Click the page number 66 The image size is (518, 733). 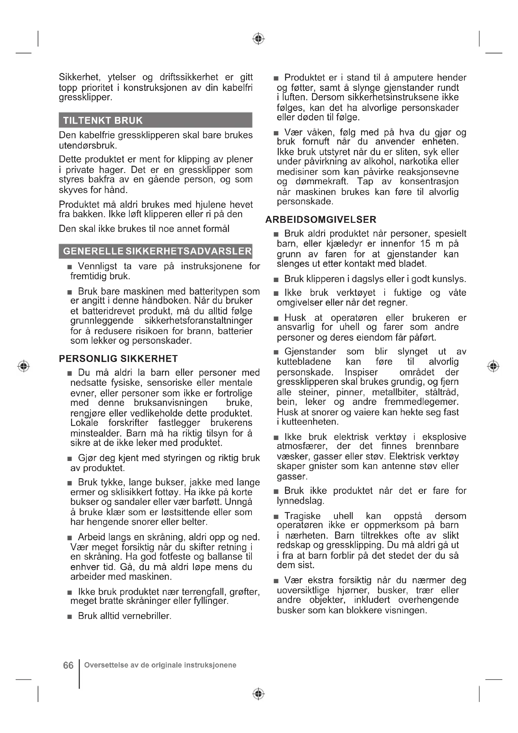point(68,665)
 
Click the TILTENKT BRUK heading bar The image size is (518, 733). point(155,120)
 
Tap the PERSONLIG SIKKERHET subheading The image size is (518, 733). point(118,359)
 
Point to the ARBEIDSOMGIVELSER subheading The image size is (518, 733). point(321,220)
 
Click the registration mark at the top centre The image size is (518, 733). point(259,39)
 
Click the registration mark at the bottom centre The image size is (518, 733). point(259,694)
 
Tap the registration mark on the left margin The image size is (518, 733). point(23,366)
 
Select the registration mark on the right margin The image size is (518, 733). point(494,366)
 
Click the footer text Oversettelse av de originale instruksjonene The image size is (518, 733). point(160,665)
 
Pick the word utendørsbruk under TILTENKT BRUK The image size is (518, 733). point(87,146)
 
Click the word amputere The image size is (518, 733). point(413,78)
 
